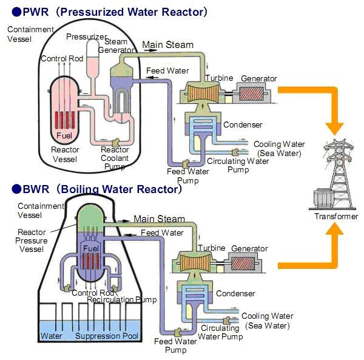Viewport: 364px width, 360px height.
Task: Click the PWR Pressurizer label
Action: pos(87,36)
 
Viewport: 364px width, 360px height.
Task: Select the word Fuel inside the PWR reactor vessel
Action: pos(64,135)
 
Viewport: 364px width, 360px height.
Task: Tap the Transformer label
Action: pos(336,217)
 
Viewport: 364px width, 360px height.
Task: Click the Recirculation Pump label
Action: pos(121,300)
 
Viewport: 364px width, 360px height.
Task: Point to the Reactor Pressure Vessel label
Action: pos(33,240)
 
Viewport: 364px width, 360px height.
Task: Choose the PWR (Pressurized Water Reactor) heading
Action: pos(107,12)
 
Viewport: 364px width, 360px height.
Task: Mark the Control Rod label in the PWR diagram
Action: pos(62,59)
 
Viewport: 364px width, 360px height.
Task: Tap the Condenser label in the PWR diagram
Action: pos(243,125)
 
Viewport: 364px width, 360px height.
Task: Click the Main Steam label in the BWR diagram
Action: pos(159,219)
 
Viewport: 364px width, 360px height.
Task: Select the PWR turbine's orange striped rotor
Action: pos(198,95)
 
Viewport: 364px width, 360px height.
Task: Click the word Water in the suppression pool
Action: pos(51,336)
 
